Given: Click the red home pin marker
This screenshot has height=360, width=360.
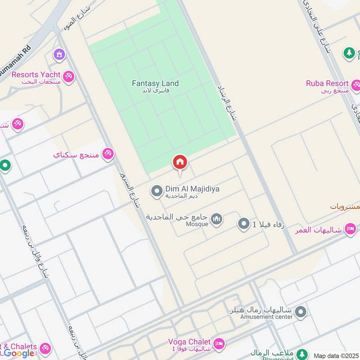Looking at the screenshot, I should pyautogui.click(x=180, y=162).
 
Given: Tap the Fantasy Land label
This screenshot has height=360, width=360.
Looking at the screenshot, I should pyautogui.click(x=155, y=83).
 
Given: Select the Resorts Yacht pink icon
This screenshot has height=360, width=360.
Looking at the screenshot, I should pyautogui.click(x=68, y=76).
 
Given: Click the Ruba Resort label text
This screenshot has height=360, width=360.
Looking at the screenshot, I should pyautogui.click(x=327, y=83).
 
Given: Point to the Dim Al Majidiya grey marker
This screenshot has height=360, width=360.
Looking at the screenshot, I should pyautogui.click(x=157, y=192).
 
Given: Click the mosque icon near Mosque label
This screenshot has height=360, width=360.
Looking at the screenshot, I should pyautogui.click(x=217, y=219).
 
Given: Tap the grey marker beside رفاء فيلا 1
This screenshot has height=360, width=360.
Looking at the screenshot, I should pyautogui.click(x=243, y=223).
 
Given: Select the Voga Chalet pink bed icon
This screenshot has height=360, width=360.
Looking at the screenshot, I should pyautogui.click(x=219, y=343).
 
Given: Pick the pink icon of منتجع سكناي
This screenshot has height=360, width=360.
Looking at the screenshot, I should pyautogui.click(x=108, y=154).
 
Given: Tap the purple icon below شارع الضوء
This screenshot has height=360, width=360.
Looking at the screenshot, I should pyautogui.click(x=59, y=55).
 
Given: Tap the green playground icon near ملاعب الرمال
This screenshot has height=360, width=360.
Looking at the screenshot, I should pyautogui.click(x=302, y=354).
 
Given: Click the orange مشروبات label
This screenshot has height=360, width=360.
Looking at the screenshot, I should pyautogui.click(x=344, y=207).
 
